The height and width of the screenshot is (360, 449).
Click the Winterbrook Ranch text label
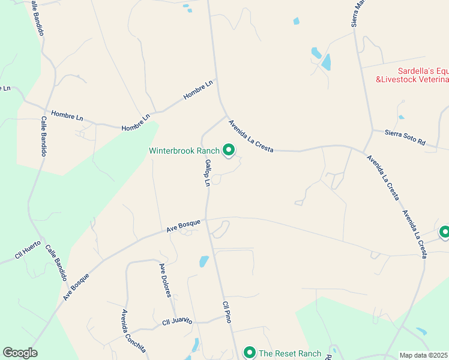[x=184, y=151]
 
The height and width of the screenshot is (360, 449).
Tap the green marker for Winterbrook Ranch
[x=228, y=149]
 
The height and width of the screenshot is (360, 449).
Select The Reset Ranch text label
[x=290, y=353]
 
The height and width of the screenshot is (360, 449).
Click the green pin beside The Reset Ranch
[x=249, y=352]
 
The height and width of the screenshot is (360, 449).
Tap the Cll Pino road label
[x=227, y=313]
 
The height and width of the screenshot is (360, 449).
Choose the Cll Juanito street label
[x=177, y=322]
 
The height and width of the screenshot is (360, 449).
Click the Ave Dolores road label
[x=165, y=280]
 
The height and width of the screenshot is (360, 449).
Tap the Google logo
[x=20, y=353]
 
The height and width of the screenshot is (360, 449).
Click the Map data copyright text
[x=424, y=355]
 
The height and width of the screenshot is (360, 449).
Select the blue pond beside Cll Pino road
[x=204, y=261]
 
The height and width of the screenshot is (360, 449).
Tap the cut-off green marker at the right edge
[x=444, y=232]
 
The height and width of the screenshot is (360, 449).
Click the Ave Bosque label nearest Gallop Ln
[x=183, y=226]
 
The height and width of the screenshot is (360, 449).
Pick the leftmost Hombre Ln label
[x=67, y=115]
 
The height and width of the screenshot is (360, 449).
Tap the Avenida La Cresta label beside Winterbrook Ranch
[x=250, y=136]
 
